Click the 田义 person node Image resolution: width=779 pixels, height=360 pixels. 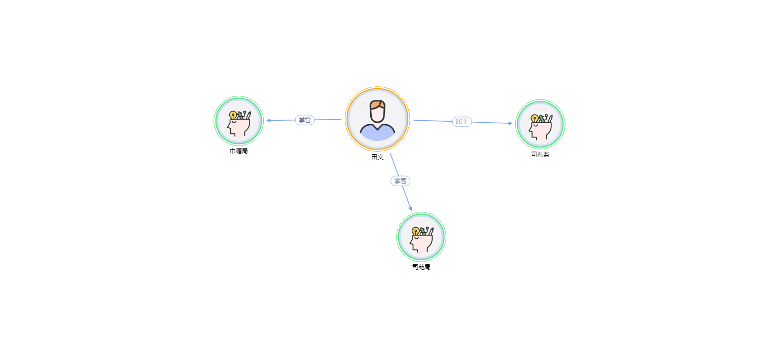coord(377,119)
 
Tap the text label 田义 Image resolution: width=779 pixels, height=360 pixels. coord(377,157)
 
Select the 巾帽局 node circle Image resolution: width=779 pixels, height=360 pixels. coord(238,121)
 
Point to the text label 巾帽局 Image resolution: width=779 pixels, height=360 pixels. coord(238,151)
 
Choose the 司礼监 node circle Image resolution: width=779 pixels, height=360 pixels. coord(540,124)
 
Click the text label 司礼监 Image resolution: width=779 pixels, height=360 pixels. coord(540,155)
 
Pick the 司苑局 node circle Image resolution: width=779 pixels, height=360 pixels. coord(421,237)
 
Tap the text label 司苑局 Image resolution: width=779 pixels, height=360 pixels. coord(421,267)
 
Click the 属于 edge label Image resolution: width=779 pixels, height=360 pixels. coord(462,122)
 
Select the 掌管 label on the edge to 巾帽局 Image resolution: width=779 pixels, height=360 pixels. coord(305,120)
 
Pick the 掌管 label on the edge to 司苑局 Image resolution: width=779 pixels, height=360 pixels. coord(400,181)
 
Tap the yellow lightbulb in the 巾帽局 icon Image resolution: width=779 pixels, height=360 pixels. coord(233,115)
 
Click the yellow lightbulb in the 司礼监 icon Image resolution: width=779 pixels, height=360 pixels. coord(535,118)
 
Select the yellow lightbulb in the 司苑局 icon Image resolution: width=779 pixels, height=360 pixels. coord(415,231)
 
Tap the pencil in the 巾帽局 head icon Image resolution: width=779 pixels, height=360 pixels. coord(249,116)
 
